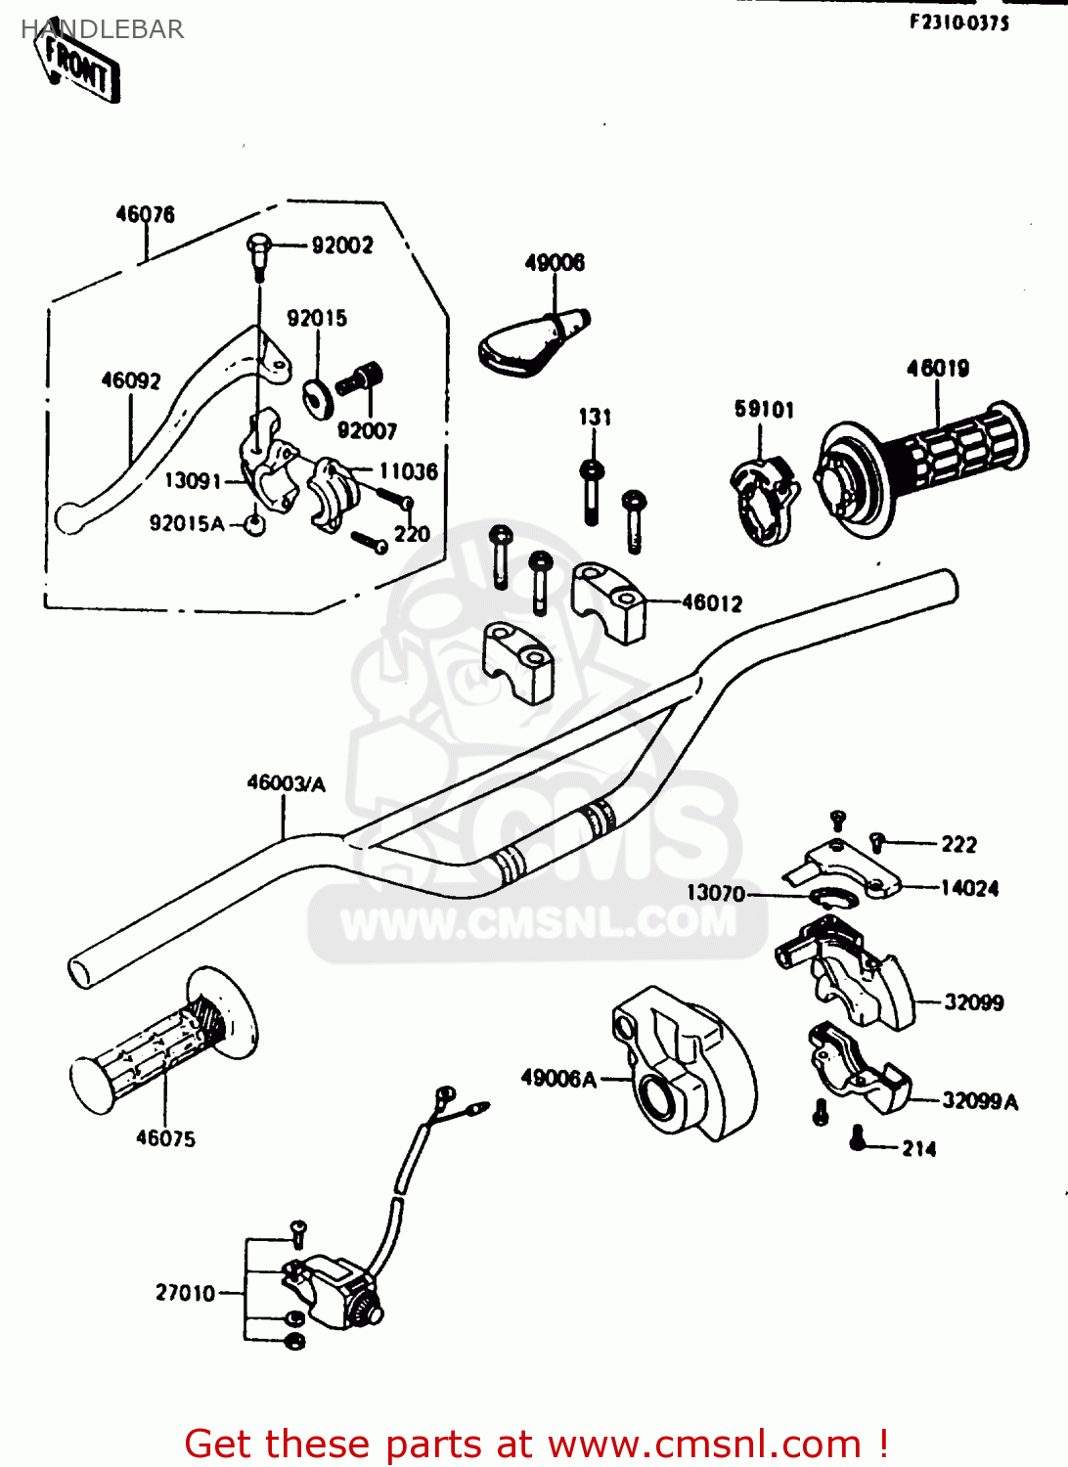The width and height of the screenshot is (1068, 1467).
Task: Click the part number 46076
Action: [145, 214]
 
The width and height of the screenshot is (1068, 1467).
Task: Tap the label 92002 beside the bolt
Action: [341, 245]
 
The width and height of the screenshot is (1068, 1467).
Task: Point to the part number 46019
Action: [937, 369]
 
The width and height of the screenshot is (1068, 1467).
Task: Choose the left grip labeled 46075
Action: [161, 1041]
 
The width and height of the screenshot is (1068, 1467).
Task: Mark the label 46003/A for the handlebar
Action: [286, 783]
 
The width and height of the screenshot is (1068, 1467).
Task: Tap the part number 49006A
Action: [557, 1079]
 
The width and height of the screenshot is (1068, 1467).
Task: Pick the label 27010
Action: [185, 1293]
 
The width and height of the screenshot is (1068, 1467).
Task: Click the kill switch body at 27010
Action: [328, 1291]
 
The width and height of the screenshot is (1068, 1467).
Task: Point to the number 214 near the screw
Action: [918, 1149]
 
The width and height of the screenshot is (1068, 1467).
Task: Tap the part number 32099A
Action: [979, 1101]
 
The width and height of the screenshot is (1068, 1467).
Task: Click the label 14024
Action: [969, 888]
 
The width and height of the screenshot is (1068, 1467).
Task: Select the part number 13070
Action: [715, 893]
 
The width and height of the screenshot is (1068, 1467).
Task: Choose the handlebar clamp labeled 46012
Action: [608, 600]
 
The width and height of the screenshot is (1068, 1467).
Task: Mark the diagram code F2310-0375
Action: [958, 22]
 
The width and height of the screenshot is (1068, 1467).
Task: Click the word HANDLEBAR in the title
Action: [102, 29]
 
